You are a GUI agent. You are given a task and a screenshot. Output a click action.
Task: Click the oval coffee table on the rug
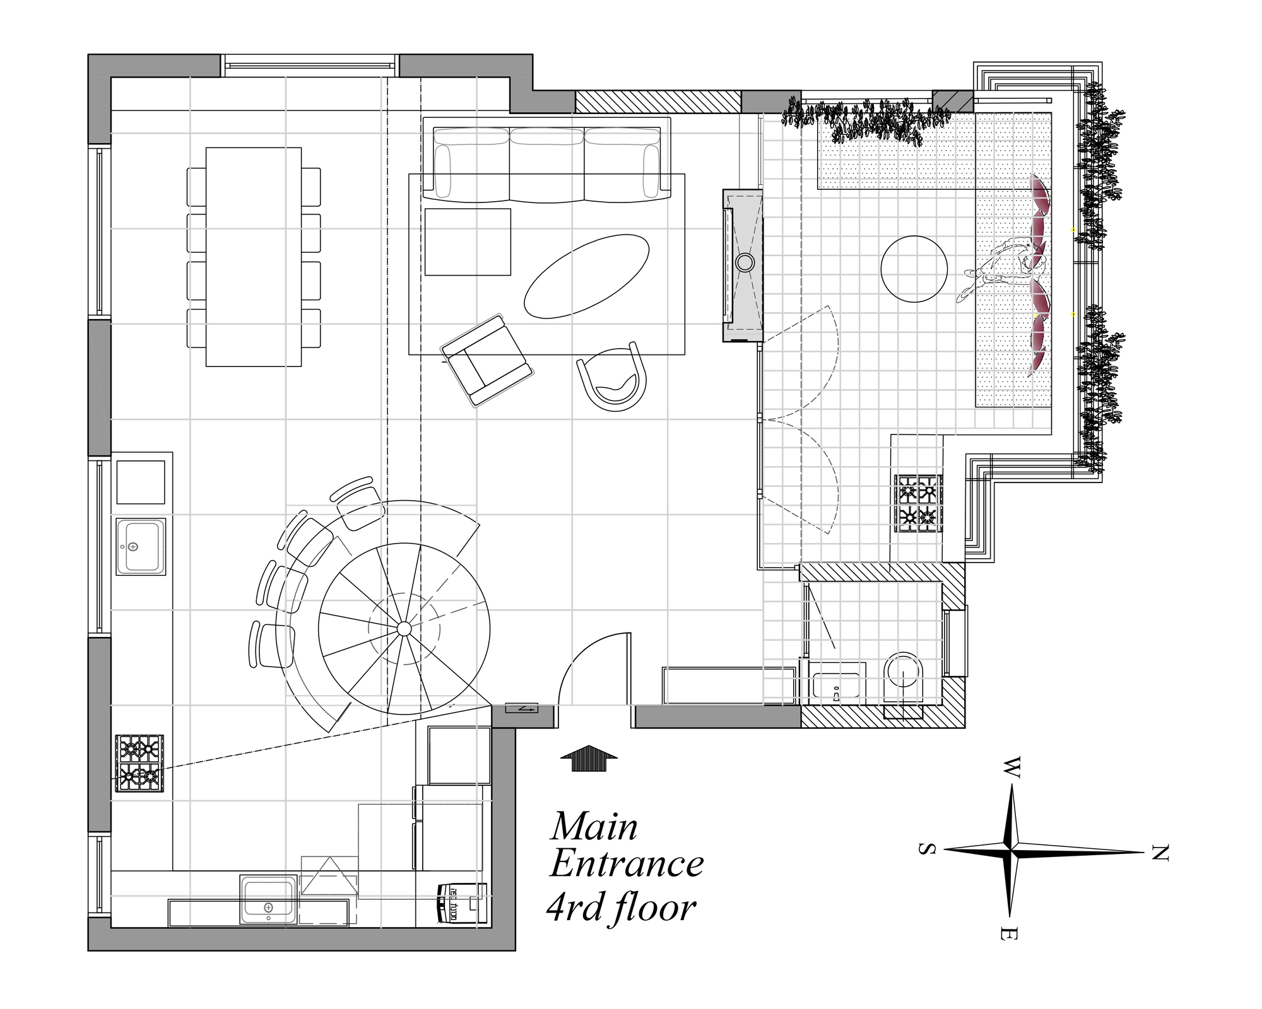587,276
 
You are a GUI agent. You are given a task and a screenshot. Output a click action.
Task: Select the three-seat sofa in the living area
546,164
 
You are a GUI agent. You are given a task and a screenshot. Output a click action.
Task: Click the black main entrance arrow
589,758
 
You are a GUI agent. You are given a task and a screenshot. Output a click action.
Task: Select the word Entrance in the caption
627,865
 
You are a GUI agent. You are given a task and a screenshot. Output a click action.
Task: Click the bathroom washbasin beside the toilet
837,687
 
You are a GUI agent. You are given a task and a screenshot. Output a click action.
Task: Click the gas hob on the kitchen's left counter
139,763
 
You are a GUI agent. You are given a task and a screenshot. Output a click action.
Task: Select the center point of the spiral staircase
404,628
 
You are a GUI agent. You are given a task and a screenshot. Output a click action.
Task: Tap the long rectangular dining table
253,257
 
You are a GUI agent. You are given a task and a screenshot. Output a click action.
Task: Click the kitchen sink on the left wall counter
140,546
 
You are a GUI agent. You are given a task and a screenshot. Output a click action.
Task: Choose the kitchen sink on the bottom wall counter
268,899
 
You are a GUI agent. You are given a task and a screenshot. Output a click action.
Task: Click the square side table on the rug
468,242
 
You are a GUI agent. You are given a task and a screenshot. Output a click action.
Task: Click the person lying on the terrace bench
1003,268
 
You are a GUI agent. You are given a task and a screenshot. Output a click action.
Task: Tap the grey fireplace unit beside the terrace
743,265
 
